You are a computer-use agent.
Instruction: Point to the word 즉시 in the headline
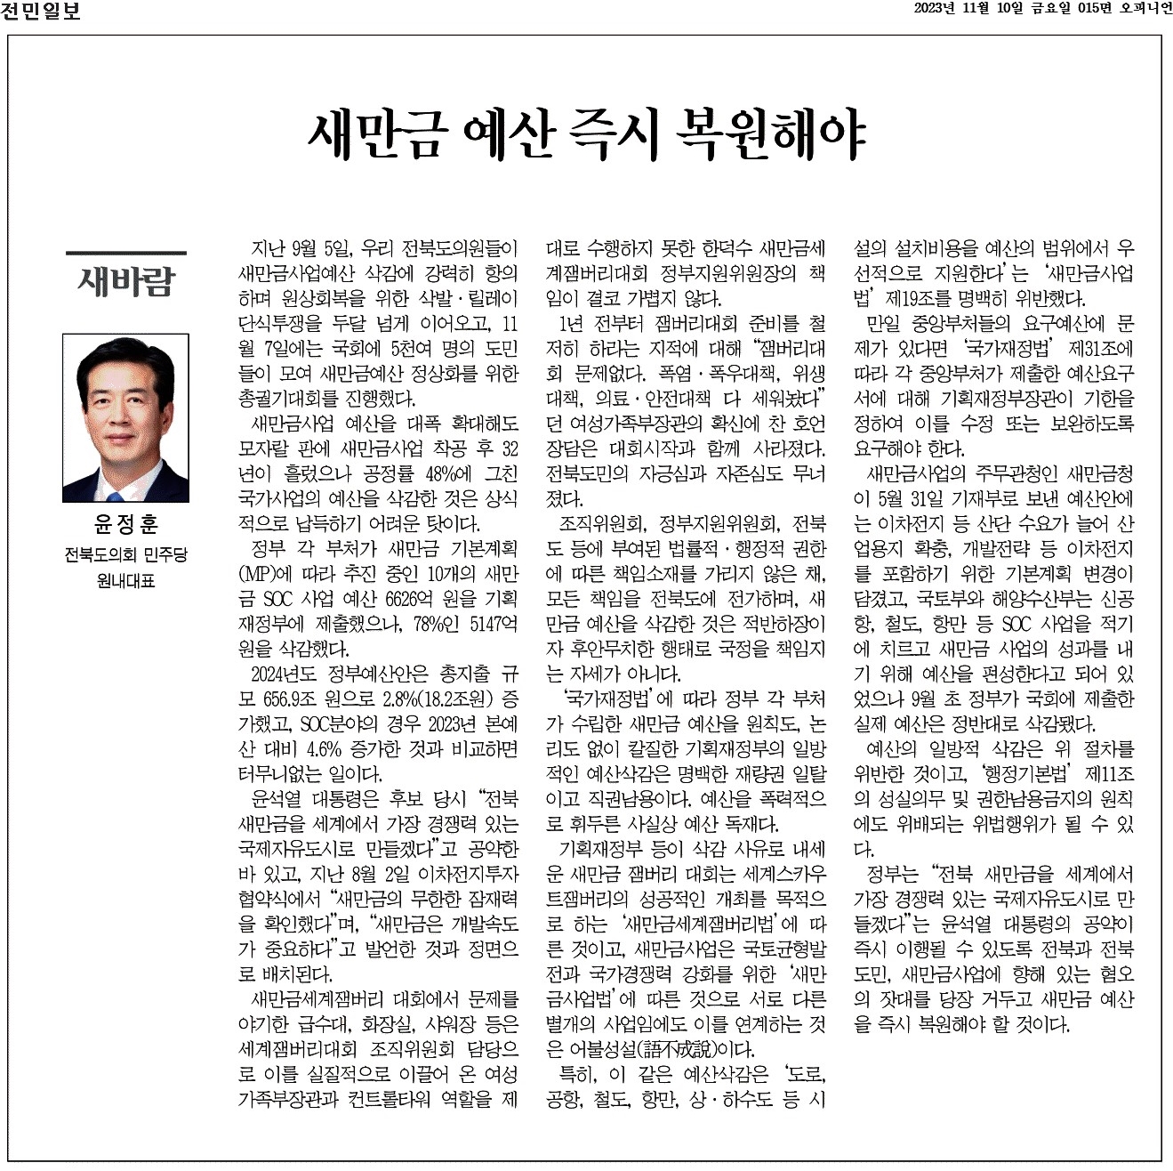[607, 133]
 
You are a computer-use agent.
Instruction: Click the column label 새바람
[126, 281]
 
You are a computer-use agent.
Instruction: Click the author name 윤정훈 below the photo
[125, 523]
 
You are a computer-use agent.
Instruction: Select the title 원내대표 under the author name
[125, 582]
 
